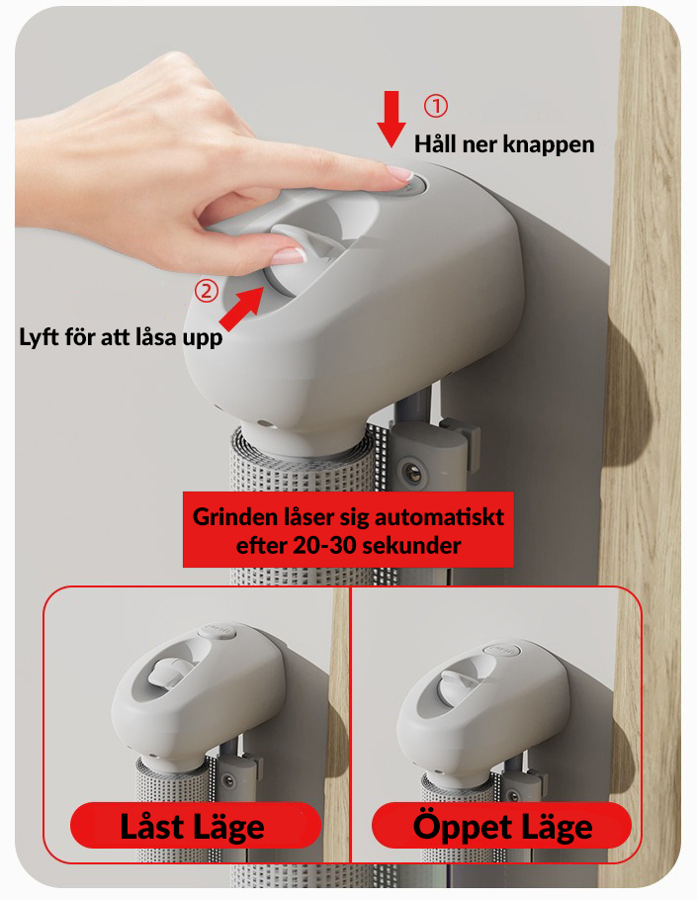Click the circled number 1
(x=435, y=106)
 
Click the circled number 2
(x=207, y=291)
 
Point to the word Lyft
(x=39, y=336)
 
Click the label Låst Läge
(x=192, y=827)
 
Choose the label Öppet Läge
(x=502, y=827)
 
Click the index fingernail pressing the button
(x=399, y=173)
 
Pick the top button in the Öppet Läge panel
(x=502, y=649)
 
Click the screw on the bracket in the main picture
(x=411, y=471)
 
